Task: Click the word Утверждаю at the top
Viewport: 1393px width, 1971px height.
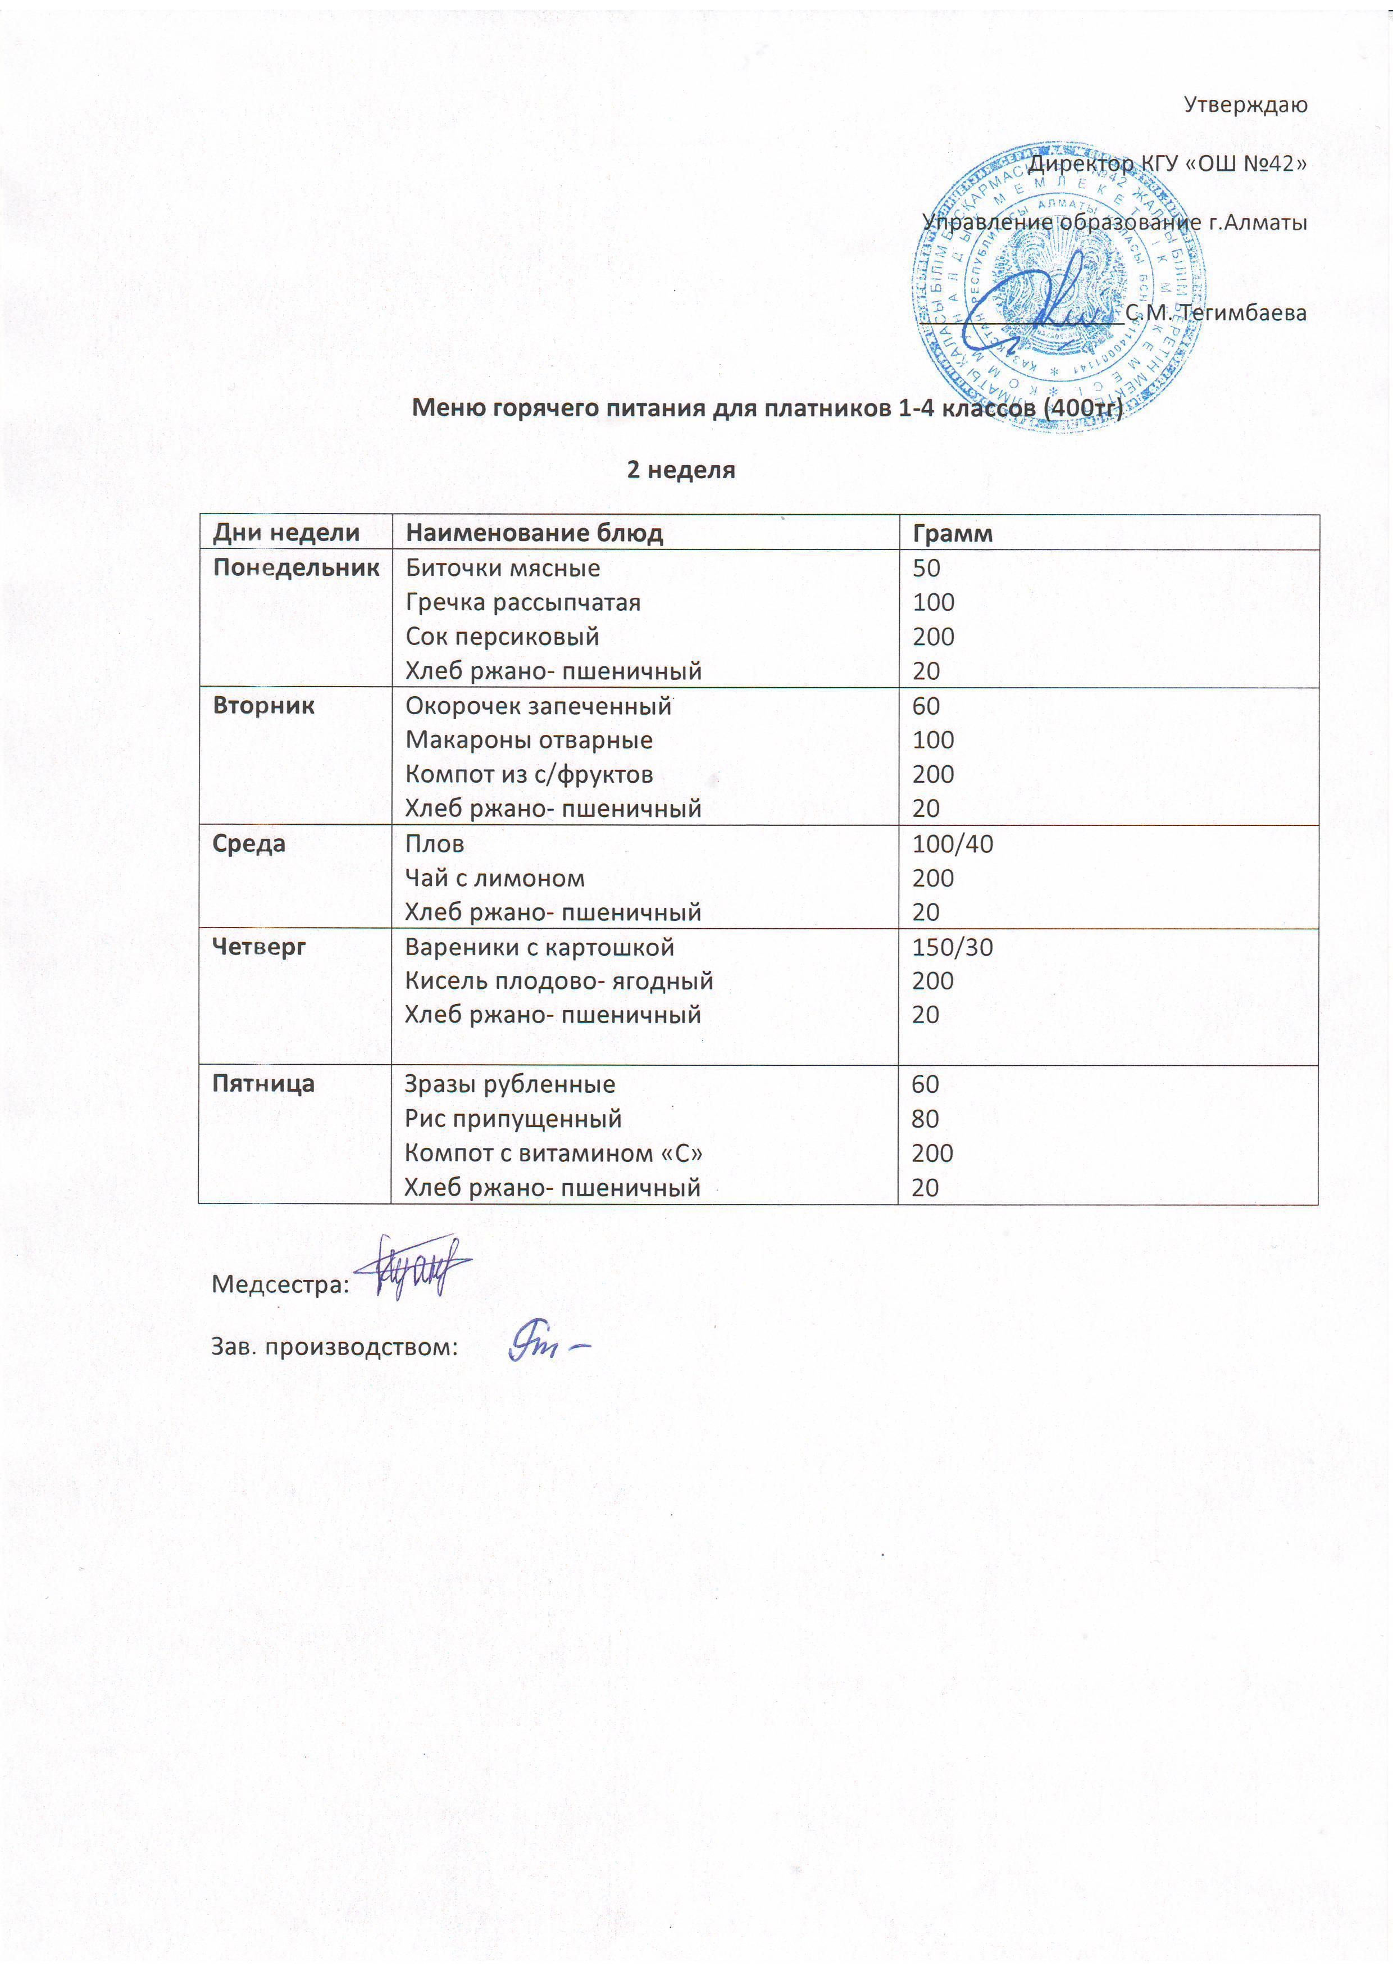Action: pos(1245,105)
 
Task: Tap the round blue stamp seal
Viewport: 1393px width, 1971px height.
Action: pos(1058,286)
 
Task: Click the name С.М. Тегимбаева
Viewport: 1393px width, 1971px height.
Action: pos(1216,312)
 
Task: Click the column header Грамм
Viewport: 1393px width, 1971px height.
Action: pos(952,533)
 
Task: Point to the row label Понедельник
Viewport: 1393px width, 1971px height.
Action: pos(296,567)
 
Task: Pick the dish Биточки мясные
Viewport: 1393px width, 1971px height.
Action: pos(502,567)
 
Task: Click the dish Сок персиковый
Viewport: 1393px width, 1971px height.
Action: pos(502,636)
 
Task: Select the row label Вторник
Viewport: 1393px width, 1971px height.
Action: pos(263,706)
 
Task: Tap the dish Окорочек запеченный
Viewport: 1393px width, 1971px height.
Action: pos(538,706)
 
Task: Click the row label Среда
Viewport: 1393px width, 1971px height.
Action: pos(249,843)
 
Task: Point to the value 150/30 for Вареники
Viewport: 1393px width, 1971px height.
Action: pos(952,947)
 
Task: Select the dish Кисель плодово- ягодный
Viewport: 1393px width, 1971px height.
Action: pos(559,980)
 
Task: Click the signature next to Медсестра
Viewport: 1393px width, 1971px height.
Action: pos(412,1265)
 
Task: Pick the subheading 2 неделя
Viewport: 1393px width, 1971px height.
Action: pos(681,470)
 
